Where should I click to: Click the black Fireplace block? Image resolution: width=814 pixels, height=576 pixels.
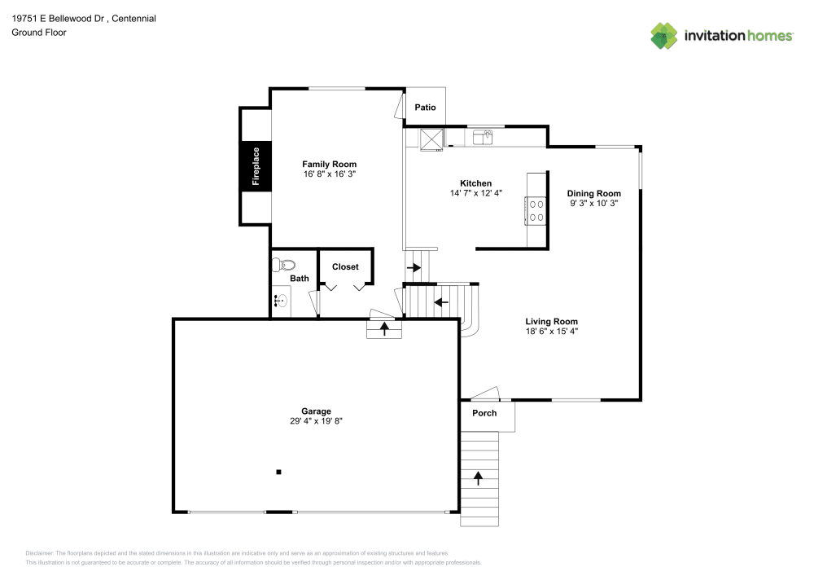coord(256,166)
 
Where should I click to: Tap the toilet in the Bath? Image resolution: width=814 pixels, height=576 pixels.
coord(283,265)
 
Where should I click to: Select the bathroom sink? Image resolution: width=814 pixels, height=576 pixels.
coord(281,300)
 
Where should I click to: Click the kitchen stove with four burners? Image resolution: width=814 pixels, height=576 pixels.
coord(536,211)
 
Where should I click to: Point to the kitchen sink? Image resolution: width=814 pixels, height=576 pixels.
coord(482,137)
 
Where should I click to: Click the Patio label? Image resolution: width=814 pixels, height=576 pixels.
coord(425,108)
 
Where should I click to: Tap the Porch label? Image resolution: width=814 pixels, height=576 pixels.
coord(484,413)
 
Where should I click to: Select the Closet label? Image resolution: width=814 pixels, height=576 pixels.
coord(345,267)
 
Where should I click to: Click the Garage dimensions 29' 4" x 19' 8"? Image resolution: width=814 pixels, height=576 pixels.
coord(316,421)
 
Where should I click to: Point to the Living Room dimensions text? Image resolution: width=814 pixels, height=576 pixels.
coord(552,332)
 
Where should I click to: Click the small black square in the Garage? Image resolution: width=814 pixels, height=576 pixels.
coord(278,472)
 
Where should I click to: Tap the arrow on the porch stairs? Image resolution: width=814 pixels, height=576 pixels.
coord(478,478)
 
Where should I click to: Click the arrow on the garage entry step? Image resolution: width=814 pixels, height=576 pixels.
coord(384,329)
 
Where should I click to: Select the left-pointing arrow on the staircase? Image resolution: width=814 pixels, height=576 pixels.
coord(441,301)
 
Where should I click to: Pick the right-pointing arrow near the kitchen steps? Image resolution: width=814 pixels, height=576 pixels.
coord(414,268)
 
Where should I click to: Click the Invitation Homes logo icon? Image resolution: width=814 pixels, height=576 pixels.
coord(664,36)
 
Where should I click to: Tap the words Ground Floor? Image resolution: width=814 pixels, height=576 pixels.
coord(39,33)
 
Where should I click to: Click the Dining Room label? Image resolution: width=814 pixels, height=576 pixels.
coord(594,194)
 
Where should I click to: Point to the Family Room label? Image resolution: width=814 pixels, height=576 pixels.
coord(330,164)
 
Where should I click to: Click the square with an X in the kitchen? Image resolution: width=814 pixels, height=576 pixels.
coord(431,139)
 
